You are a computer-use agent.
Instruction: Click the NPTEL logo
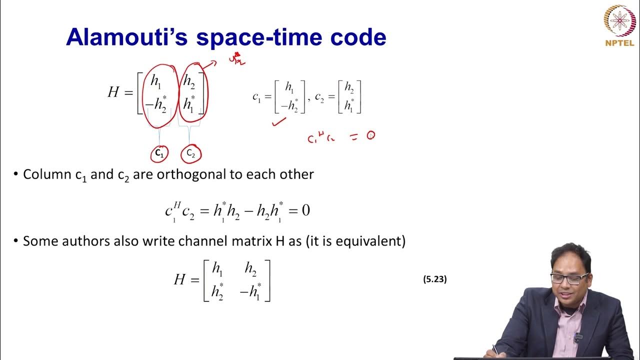tap(619, 25)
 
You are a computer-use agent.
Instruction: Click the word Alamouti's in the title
tap(125, 37)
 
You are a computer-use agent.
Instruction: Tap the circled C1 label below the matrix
tap(159, 153)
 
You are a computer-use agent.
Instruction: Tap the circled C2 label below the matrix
tap(191, 153)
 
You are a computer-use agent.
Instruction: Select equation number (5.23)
tap(434, 279)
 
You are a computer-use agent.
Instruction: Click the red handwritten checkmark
tap(279, 121)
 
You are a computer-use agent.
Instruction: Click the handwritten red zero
tap(370, 135)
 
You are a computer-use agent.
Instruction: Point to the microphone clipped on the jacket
tap(578, 338)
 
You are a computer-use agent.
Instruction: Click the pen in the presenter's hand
tap(495, 348)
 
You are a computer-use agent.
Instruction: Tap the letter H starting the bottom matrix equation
tap(179, 279)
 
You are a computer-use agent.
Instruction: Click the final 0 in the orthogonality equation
tap(305, 210)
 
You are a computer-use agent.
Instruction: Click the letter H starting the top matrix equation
tap(113, 92)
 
